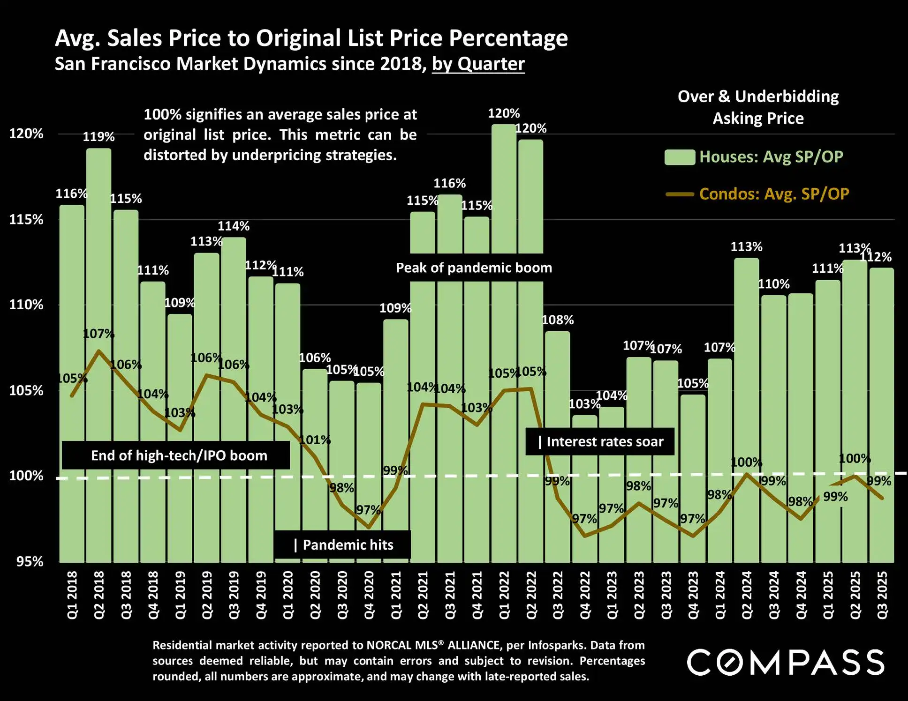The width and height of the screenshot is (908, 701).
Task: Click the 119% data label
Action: coord(98,137)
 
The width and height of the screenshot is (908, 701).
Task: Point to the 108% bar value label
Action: coord(558,320)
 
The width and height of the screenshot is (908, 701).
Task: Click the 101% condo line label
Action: coord(315,440)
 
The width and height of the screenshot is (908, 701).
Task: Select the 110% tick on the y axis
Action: coord(26,305)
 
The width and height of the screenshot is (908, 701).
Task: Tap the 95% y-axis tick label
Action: coord(30,561)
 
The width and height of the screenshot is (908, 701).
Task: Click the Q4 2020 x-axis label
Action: coord(369,595)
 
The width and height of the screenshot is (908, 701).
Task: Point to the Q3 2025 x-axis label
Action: coord(882,595)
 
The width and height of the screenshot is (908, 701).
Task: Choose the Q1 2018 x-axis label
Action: coord(72,595)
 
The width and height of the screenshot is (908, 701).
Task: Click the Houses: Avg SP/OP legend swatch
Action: coord(680,157)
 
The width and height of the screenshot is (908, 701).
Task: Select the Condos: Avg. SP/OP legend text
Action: coord(774,194)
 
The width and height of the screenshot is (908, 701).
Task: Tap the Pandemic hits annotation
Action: coord(343,544)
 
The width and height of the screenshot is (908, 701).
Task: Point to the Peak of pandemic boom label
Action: coord(474,268)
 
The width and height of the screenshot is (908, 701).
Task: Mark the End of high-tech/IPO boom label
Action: coord(179,455)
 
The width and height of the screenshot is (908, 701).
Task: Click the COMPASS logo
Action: coord(786,662)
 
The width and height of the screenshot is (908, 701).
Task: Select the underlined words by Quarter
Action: coord(478,64)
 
